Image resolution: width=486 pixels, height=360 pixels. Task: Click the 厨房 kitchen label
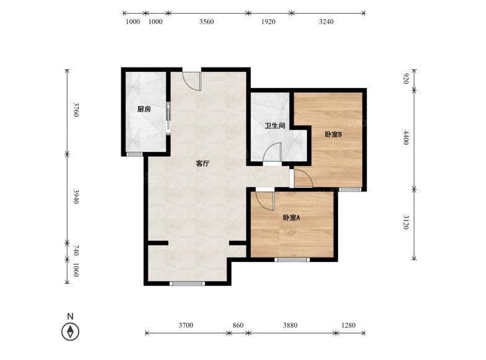coord(144,109)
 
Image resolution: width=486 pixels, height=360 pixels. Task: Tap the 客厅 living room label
coord(202,164)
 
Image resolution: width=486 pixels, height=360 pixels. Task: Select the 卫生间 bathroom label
coord(275,126)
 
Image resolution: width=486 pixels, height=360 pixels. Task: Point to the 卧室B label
coord(333,134)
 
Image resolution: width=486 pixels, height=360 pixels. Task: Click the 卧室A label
coord(292,217)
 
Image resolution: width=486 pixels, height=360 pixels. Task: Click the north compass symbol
coord(71,331)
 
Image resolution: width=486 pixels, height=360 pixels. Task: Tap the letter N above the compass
coord(71,316)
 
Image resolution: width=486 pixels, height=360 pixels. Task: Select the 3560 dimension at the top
coord(206,22)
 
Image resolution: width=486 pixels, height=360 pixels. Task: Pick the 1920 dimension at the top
coord(268,22)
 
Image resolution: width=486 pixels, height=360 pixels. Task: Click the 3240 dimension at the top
coord(326,22)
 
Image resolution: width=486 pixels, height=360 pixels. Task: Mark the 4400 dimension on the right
coord(406,138)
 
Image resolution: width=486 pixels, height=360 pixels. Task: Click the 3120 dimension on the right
coord(406,222)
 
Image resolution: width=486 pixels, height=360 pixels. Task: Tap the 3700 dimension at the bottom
coord(186,325)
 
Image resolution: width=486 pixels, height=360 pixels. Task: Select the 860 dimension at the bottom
coord(238,325)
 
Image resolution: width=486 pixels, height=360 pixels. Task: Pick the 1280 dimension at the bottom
coord(349,325)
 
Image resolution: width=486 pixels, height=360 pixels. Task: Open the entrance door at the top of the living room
coord(192,80)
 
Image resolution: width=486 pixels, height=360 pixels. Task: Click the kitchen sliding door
coord(168,117)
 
